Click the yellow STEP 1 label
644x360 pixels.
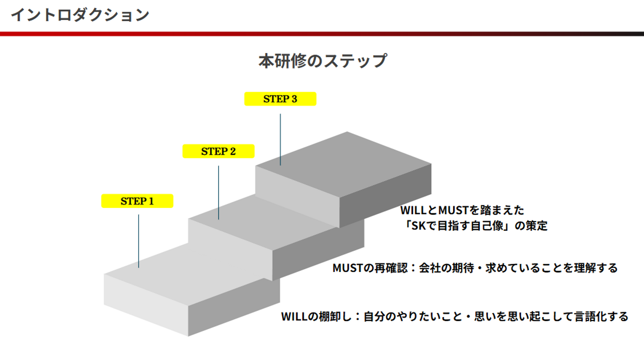(137, 201)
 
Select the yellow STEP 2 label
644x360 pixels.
(219, 151)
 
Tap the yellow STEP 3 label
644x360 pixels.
(280, 99)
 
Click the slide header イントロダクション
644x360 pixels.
(80, 15)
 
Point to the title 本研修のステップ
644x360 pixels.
(323, 61)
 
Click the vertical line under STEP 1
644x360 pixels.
(139, 241)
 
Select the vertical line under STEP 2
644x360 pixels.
(219, 193)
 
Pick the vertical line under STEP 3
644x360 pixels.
(280, 140)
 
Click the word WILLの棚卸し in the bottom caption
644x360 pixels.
(316, 317)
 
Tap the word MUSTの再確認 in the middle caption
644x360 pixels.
(370, 268)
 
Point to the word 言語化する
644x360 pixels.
(602, 317)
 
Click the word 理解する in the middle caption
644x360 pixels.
(596, 268)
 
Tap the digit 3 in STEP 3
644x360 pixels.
(294, 99)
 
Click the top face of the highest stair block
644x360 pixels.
(343, 164)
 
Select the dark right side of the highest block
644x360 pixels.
(385, 195)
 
